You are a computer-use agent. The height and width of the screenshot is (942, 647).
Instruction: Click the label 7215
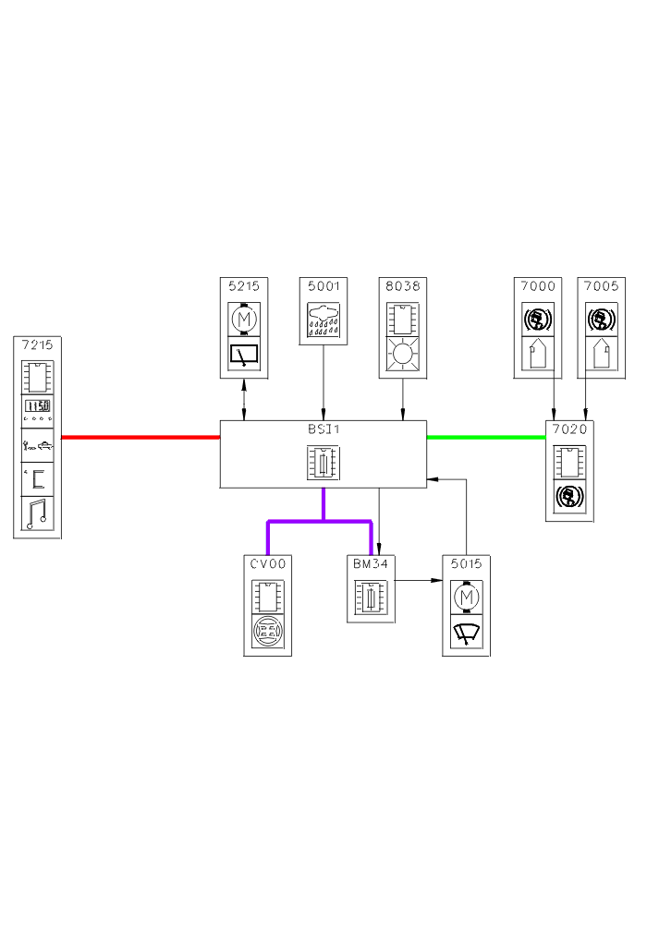click(38, 345)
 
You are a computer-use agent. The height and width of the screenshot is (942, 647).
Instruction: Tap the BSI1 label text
click(323, 429)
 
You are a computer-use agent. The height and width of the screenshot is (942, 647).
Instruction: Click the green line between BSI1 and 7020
click(486, 437)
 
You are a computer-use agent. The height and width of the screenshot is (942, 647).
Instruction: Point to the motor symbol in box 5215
click(244, 320)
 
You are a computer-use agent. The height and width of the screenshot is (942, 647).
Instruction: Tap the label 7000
click(537, 285)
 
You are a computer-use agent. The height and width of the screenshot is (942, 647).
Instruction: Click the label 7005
click(601, 285)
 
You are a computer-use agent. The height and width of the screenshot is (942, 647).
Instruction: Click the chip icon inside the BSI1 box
click(323, 462)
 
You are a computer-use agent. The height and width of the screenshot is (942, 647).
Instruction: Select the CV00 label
click(267, 562)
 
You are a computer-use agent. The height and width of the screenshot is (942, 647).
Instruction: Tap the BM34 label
click(371, 562)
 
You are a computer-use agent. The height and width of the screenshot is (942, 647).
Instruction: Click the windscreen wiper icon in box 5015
click(466, 634)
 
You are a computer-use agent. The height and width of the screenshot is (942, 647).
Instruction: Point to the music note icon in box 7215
click(38, 513)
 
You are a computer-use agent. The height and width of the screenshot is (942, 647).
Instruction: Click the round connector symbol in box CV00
click(267, 633)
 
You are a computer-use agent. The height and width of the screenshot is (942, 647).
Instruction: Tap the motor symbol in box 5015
click(466, 598)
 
